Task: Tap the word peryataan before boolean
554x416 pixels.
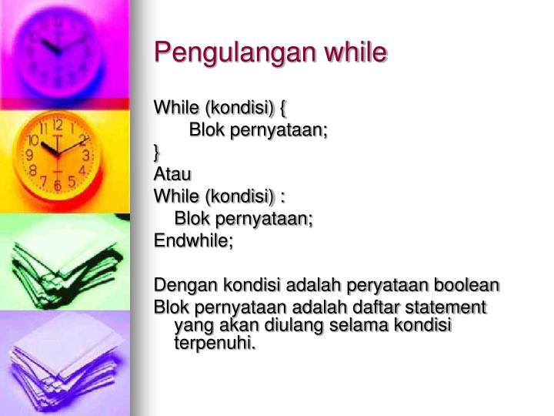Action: (x=384, y=286)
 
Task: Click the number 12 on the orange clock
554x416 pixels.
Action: (x=57, y=124)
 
